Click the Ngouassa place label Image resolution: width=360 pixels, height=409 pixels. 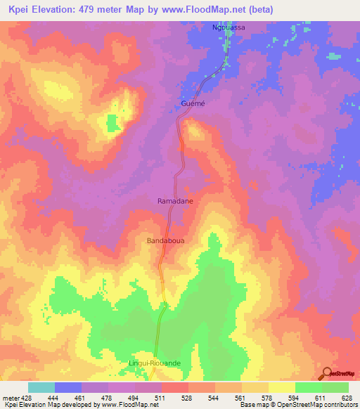[229, 27]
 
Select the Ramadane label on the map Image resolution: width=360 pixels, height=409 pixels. [174, 200]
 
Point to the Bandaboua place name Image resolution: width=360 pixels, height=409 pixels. [165, 240]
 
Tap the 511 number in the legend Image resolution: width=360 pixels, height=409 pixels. [161, 397]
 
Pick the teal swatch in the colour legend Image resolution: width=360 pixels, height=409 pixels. [41, 387]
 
